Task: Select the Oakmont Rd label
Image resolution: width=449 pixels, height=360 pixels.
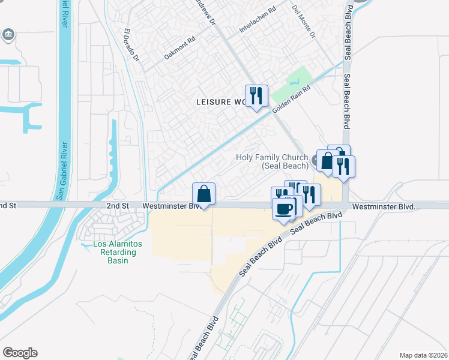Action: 180,49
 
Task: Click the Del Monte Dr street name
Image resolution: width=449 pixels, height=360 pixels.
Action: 303,22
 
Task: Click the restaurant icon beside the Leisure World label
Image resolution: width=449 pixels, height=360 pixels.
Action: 256,96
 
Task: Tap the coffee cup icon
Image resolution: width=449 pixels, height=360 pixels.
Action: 284,208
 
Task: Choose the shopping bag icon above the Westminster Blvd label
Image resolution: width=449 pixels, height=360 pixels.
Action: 204,194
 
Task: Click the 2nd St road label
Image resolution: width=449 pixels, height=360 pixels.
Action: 118,206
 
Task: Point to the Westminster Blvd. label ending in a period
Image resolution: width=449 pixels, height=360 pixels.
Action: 384,206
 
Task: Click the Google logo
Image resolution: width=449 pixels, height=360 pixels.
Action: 20,353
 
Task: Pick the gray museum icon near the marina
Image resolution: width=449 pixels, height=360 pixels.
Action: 8,34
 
